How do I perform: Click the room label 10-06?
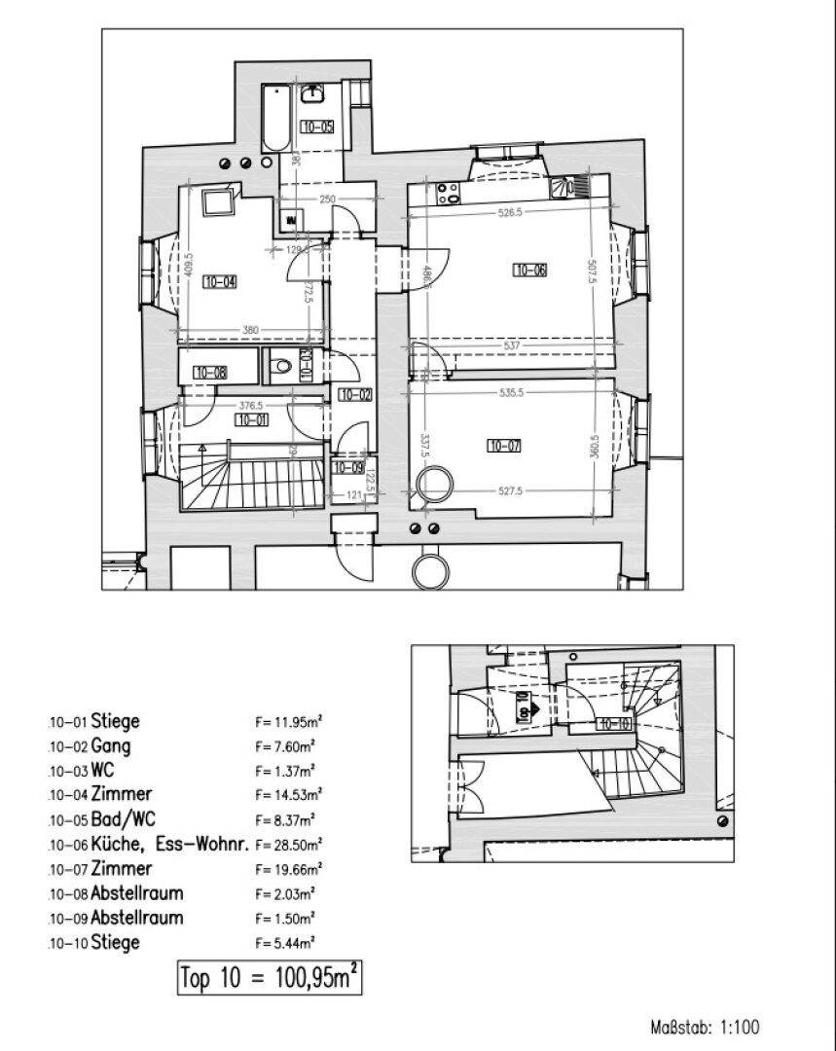[529, 271]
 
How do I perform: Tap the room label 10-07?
[504, 447]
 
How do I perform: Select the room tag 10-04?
[220, 283]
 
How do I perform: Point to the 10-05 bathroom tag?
[317, 127]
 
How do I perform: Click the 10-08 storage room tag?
[210, 372]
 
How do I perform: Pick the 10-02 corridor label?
[354, 395]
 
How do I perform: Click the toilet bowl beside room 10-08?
[282, 367]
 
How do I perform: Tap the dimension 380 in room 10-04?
[250, 331]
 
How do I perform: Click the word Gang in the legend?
[111, 746]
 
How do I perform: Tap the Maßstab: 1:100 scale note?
[705, 1027]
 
